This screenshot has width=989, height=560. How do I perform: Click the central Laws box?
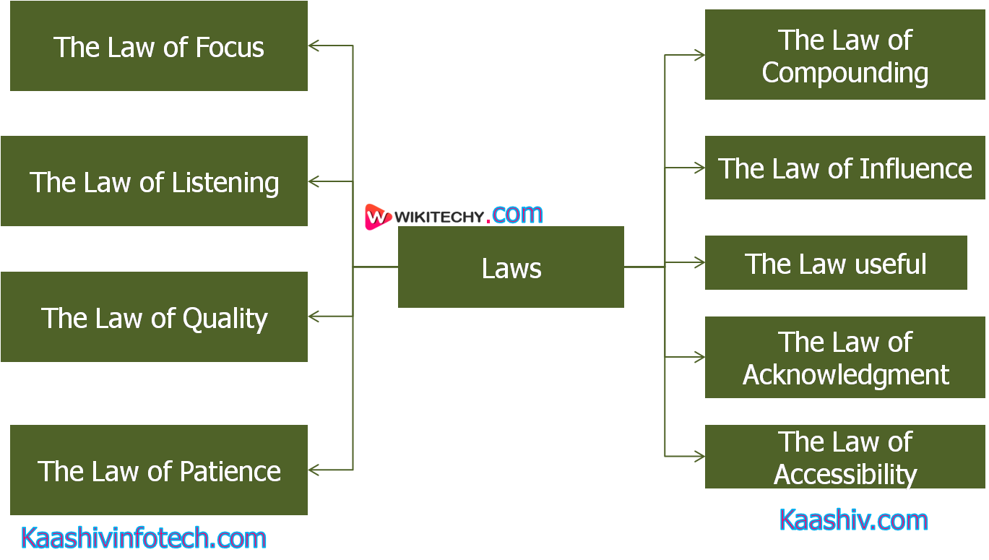tap(511, 267)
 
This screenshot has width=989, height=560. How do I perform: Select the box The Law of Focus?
tap(159, 46)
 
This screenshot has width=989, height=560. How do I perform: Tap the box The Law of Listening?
tap(154, 181)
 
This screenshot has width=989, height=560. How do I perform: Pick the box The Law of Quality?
tap(154, 317)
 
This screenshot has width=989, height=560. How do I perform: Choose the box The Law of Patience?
tap(159, 470)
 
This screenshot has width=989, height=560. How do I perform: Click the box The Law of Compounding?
tap(845, 55)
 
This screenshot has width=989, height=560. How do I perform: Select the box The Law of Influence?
tap(845, 168)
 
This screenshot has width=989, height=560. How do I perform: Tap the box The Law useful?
tap(836, 263)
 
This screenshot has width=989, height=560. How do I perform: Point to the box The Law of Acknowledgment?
tap(845, 358)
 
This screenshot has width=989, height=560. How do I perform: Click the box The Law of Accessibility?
tap(845, 457)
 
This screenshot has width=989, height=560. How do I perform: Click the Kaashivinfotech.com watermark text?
tap(144, 538)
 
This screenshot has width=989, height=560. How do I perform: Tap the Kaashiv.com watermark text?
tap(853, 520)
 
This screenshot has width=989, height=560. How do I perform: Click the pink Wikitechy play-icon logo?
tap(377, 217)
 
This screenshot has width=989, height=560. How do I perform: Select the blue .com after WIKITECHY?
tap(517, 214)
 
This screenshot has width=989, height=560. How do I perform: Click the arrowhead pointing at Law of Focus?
tap(314, 46)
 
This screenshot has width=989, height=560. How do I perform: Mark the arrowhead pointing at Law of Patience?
tap(314, 470)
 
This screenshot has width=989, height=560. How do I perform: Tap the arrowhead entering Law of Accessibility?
tap(699, 457)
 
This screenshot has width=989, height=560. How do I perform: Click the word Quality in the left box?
tap(225, 319)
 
